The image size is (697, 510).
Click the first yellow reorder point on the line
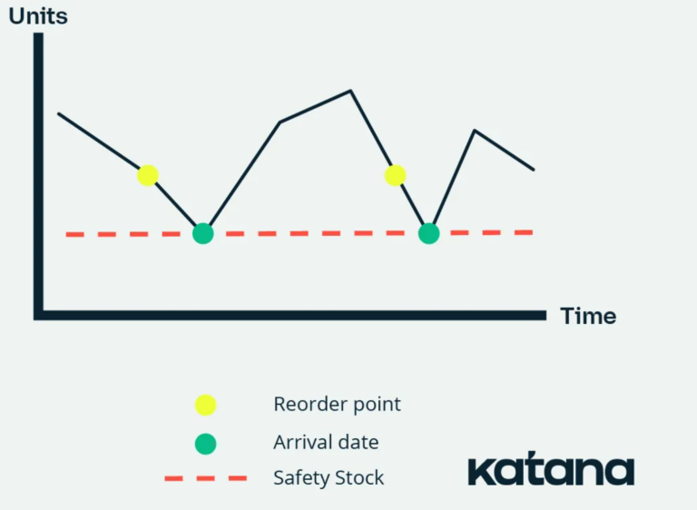tap(148, 175)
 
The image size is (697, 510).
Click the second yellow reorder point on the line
tap(395, 175)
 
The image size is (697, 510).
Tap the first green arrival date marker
tap(203, 233)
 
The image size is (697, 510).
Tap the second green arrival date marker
tap(429, 233)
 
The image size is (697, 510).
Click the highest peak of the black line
tap(350, 91)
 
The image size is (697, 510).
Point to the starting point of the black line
tap(59, 113)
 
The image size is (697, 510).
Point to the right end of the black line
tap(534, 170)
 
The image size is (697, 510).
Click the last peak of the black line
tap(475, 131)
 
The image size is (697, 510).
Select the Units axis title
tap(38, 16)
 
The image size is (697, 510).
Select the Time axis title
tap(588, 316)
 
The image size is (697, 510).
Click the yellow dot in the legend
tap(205, 405)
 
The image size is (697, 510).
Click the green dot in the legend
tap(205, 444)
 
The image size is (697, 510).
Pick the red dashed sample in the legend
tap(206, 478)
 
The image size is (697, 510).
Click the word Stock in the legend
tap(359, 478)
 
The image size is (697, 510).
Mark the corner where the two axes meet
tap(39, 315)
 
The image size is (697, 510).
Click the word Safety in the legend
tap(302, 478)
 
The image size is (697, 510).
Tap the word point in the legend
tap(377, 405)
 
